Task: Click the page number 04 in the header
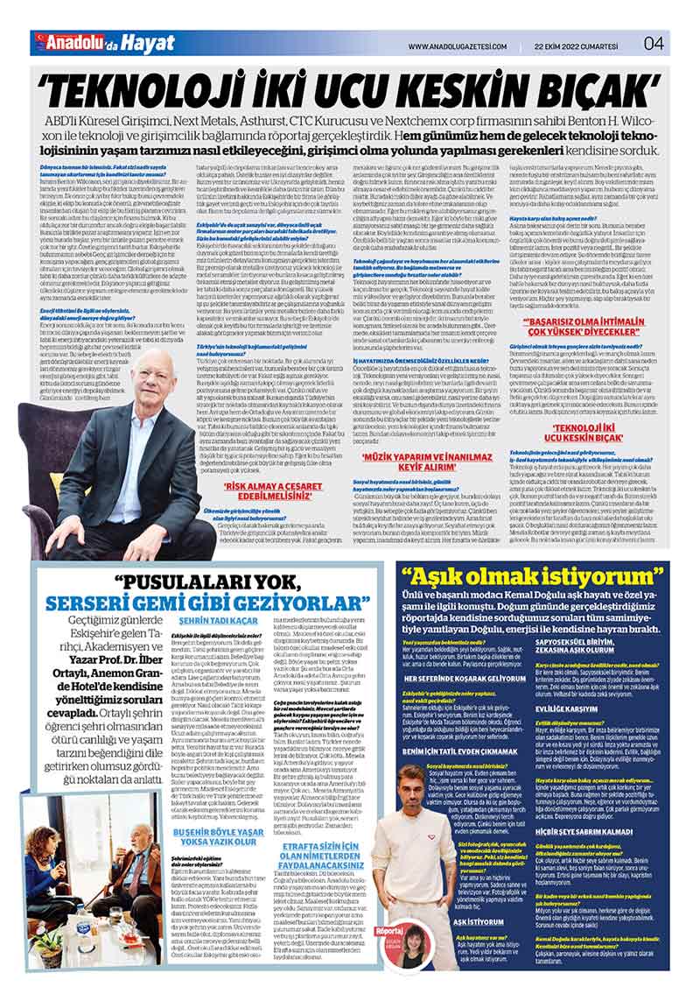coord(654,44)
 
